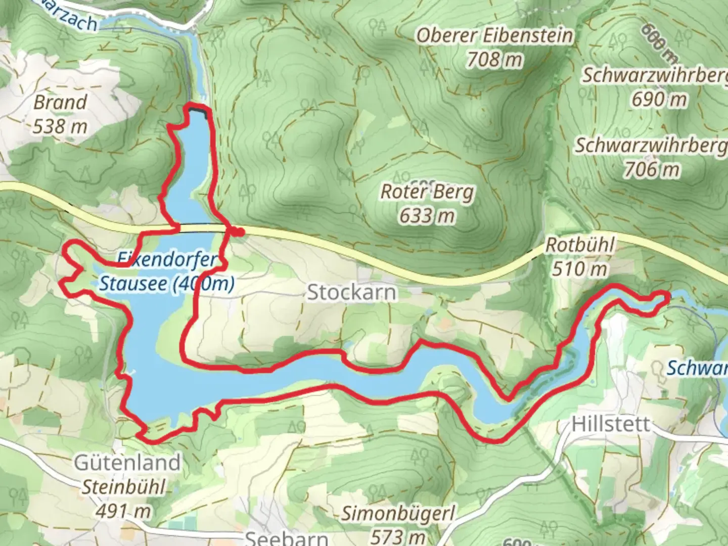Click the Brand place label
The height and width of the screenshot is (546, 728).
60,102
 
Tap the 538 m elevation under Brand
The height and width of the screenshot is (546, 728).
60,126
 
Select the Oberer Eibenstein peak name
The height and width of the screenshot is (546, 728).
494,36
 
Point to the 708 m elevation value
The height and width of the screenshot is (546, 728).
494,60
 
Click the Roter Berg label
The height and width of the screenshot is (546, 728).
427,192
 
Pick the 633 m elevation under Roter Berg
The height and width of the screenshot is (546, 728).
427,216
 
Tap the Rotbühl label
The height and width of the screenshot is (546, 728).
580,246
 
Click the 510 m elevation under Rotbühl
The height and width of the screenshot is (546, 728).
580,269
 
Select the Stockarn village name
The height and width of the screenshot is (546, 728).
352,292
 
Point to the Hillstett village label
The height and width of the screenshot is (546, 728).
611,424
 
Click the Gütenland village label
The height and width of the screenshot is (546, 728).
127,462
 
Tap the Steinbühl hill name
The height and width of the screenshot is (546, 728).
123,487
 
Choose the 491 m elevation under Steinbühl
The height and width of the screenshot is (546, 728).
123,511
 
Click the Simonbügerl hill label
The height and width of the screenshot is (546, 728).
398,514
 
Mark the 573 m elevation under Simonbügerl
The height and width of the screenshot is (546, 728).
398,536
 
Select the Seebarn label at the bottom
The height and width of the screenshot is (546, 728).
286,538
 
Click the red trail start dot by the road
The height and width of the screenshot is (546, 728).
239,232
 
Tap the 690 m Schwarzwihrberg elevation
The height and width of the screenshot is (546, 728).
659,100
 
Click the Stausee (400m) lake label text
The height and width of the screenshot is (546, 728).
167,284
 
